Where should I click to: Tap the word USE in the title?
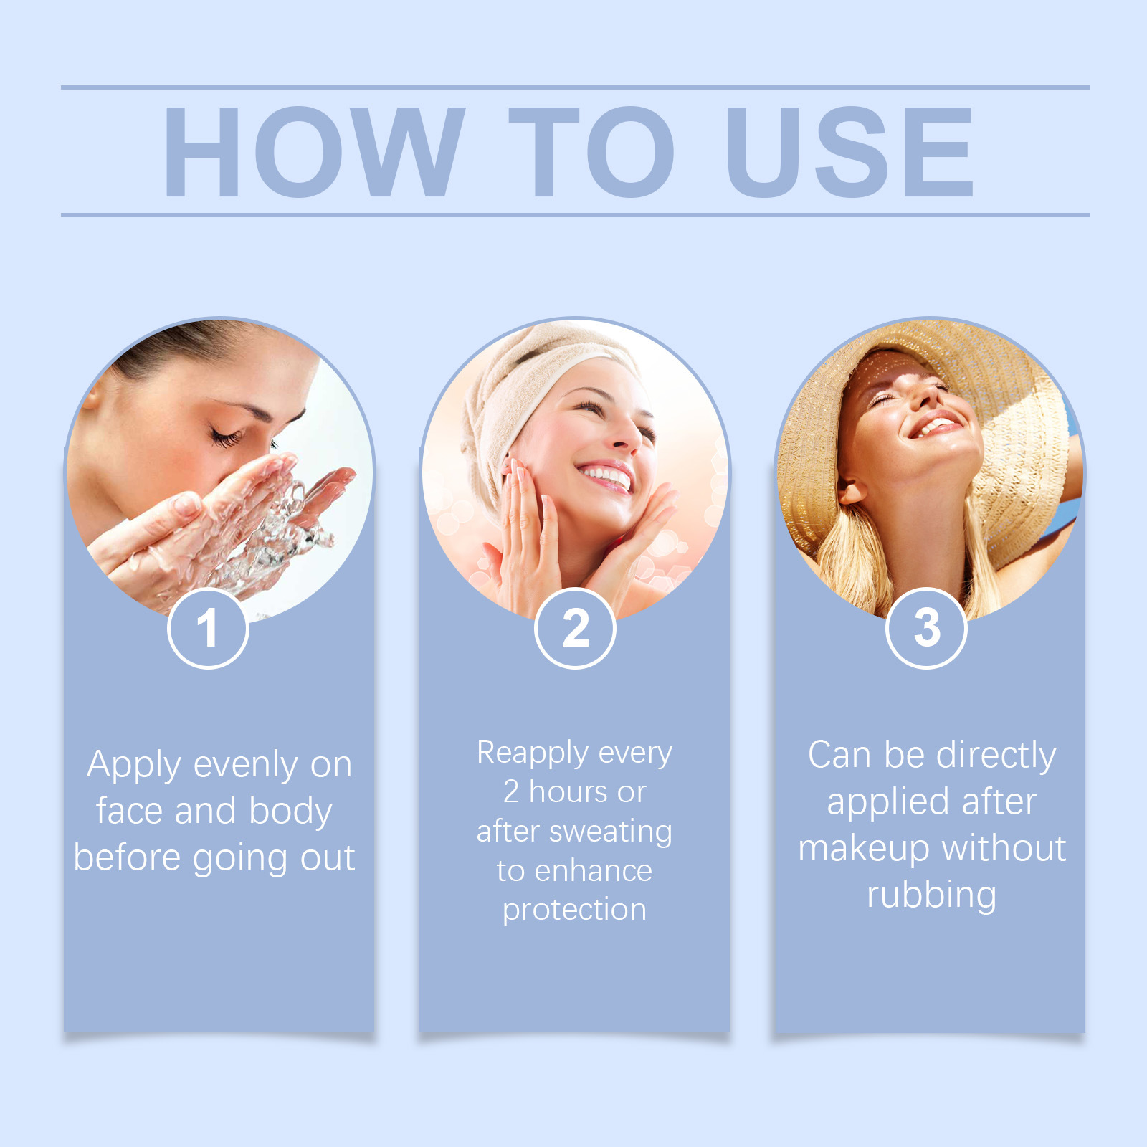tap(850, 151)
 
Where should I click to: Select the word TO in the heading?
tap(592, 151)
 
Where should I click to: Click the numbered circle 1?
tap(208, 628)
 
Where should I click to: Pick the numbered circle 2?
tap(575, 628)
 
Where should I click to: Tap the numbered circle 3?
tap(926, 628)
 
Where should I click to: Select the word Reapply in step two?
tap(533, 754)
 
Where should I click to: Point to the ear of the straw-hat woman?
tap(851, 487)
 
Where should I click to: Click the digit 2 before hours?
tap(511, 792)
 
